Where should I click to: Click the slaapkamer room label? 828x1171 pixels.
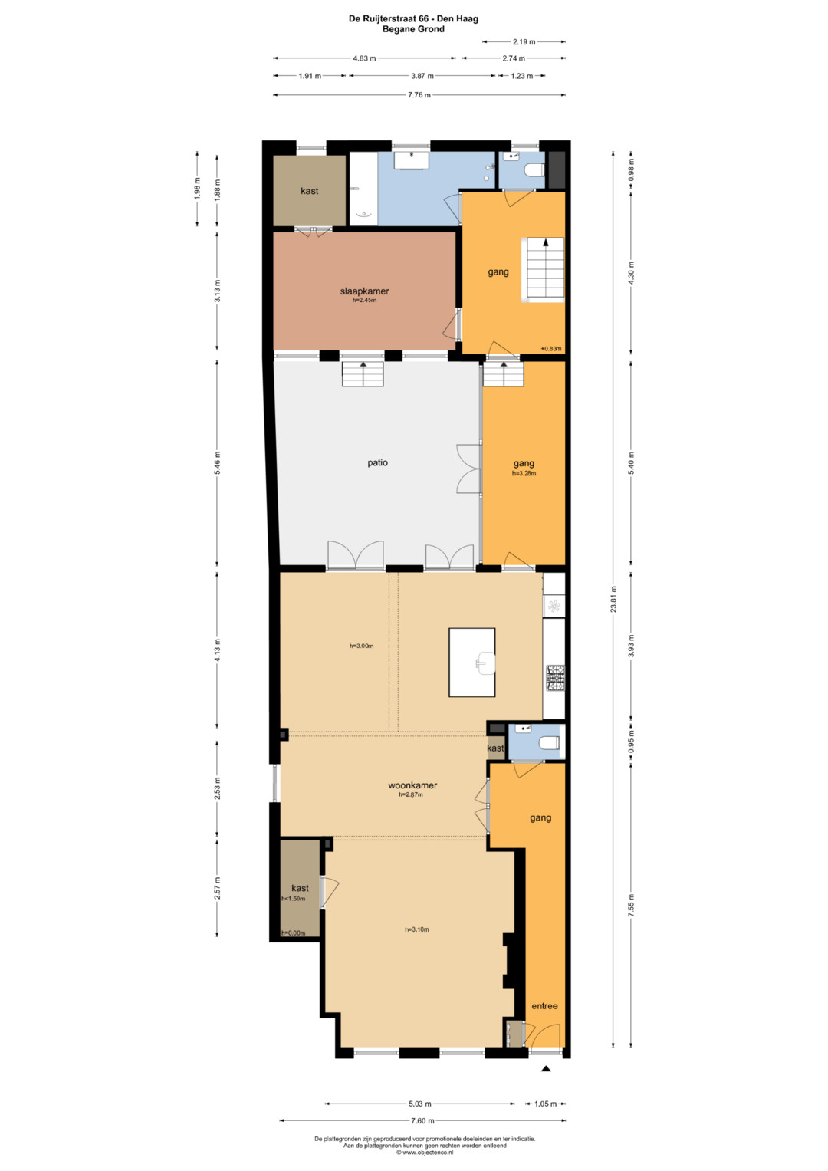point(364,291)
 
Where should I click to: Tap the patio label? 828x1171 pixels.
point(377,462)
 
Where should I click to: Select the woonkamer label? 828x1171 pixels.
point(412,785)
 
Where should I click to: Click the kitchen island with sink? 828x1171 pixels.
point(472,663)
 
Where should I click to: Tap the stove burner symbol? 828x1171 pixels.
point(556,676)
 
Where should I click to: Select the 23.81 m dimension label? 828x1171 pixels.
point(613,599)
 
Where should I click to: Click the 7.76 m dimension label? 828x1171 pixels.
point(419,94)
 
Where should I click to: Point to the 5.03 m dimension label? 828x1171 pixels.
point(420,1104)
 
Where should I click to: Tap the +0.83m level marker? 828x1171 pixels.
point(551,349)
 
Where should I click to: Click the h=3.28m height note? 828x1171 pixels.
point(524,474)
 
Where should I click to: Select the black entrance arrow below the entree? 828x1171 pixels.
point(546,1069)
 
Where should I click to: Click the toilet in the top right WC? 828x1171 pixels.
point(536,170)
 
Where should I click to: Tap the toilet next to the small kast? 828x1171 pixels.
point(550,742)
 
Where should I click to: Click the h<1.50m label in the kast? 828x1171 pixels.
point(293,899)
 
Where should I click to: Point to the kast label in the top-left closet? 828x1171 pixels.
point(310,191)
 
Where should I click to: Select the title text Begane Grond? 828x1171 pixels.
point(413,29)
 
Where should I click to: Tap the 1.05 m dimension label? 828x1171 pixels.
point(545,1104)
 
